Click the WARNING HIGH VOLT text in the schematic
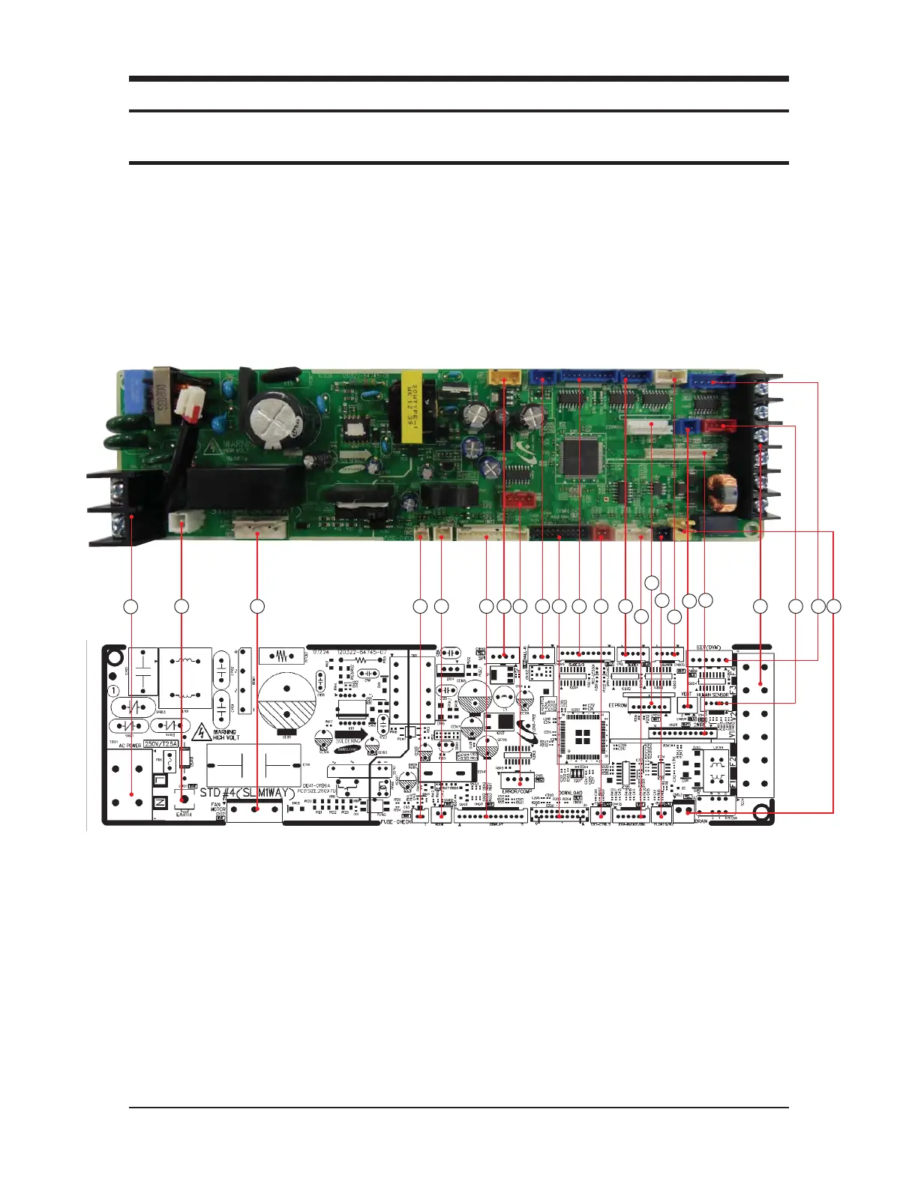(226, 734)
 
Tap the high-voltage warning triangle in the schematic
(201, 732)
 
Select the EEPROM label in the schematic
(617, 706)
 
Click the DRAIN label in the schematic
(700, 821)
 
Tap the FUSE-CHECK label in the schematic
(395, 822)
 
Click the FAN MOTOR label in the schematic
(217, 808)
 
